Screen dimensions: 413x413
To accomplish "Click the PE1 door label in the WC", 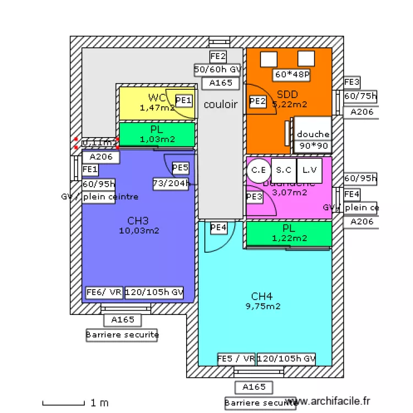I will pos(183,100).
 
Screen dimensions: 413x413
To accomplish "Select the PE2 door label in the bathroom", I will pos(257,101).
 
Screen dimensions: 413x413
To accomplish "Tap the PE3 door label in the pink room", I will pos(254,196).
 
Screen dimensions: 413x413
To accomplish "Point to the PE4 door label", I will pos(219,227).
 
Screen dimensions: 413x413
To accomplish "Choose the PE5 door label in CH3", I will pos(180,167).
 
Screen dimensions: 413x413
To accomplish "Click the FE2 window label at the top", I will pos(218,56).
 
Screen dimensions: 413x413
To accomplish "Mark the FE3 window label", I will pos(352,83).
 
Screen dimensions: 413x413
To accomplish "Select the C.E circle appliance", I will pos(257,170).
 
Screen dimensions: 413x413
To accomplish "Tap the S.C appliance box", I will pos(283,170).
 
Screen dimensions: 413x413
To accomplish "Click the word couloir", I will pos(221,104).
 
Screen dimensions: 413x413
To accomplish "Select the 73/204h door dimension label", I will pos(171,184).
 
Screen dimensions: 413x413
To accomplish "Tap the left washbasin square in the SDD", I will pos(269,58).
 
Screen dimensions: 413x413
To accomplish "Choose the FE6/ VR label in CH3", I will pos(104,293).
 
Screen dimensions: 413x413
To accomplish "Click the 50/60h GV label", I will pos(218,69).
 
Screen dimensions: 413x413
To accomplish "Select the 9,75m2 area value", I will pos(263,306).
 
